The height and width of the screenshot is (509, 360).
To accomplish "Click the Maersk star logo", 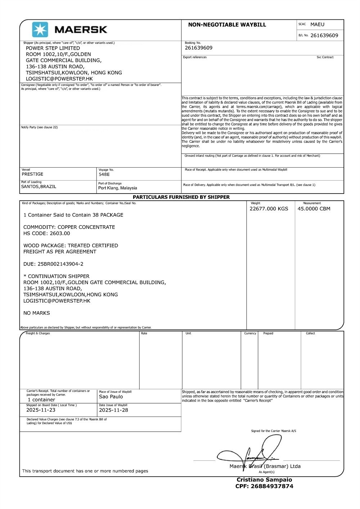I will (x=40, y=29).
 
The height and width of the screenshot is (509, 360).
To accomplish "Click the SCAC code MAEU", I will (x=317, y=24).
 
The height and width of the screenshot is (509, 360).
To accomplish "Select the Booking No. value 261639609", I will (x=198, y=48).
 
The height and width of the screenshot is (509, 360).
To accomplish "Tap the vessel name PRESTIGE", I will (x=32, y=174).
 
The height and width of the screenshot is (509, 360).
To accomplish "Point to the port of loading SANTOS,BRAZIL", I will (x=39, y=187).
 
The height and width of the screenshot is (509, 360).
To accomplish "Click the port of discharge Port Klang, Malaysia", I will (x=118, y=188).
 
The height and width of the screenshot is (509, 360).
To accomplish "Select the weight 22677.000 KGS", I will (x=269, y=209).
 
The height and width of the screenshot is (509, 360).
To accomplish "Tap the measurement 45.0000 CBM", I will (x=314, y=209).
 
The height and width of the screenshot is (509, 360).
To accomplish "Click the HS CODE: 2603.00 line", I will (x=47, y=233).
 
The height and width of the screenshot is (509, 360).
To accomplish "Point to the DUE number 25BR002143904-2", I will (x=60, y=264).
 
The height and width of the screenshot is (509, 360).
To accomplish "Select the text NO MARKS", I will (x=37, y=313).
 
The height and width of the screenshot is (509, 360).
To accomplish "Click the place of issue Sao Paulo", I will (x=111, y=397).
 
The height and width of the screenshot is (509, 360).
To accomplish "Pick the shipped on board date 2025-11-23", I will (x=41, y=410).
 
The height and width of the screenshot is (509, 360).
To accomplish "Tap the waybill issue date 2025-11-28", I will (x=113, y=410).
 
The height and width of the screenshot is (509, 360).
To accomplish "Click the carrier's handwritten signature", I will (x=252, y=453).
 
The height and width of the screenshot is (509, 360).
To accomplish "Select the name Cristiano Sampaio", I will (x=264, y=480).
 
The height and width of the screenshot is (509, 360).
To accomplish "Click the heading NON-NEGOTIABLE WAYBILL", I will (x=227, y=25).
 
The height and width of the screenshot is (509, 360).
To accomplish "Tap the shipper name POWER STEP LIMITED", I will (x=53, y=48).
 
